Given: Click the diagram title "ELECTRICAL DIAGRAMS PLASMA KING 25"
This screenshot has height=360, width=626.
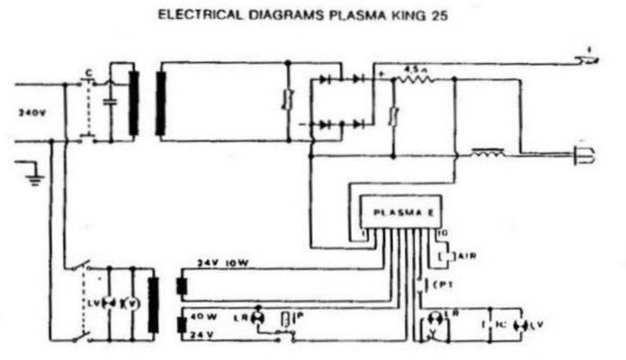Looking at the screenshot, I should (x=313, y=15).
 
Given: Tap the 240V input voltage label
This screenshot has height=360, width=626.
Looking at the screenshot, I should (x=32, y=113).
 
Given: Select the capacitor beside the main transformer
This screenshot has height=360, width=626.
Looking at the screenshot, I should (x=111, y=103).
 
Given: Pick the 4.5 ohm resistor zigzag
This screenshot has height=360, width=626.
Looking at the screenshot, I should (x=416, y=80).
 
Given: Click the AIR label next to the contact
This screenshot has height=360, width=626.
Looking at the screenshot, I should (x=466, y=256).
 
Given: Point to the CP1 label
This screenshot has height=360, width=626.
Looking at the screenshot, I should (x=442, y=285).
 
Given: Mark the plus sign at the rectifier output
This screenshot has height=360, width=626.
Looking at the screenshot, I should (x=381, y=72).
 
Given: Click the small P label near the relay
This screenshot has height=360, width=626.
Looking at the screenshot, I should (x=297, y=315).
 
